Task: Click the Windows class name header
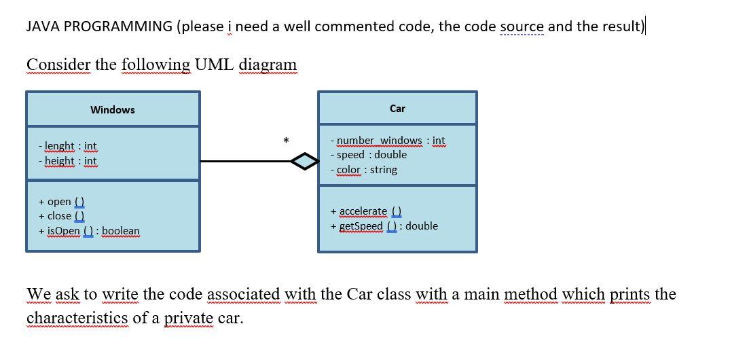pos(113,109)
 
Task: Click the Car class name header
pos(397,108)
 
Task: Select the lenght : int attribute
pos(68,146)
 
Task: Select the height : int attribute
pos(68,161)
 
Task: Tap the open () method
pos(62,201)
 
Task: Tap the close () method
pos(62,216)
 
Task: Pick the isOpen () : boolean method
pos(90,231)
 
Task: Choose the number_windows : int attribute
pos(388,141)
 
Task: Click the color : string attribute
pos(364,170)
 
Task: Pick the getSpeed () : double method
pos(384,226)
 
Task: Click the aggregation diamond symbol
pos(304,162)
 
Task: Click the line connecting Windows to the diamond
pos(244,162)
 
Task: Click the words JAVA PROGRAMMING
pos(99,26)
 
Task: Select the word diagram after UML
pos(268,65)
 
